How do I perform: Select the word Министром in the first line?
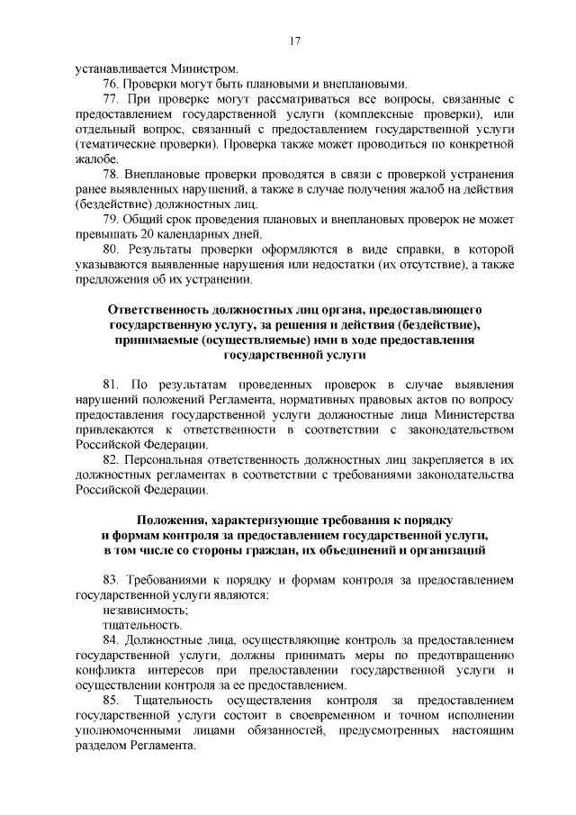click(208, 68)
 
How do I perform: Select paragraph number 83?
click(112, 580)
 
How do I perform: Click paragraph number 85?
click(112, 700)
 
